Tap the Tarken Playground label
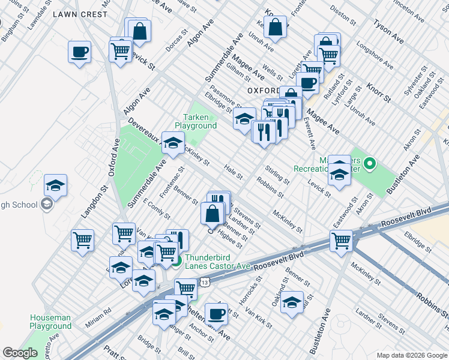click(196, 122)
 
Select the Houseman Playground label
click(50, 322)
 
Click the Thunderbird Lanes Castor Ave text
click(217, 262)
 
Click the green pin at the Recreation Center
click(370, 163)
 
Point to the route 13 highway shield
click(205, 281)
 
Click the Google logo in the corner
click(20, 353)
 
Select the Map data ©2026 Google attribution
click(411, 355)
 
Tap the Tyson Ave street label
click(388, 32)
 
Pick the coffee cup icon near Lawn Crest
click(79, 52)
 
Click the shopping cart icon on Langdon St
click(82, 240)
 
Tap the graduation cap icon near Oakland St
click(292, 302)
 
